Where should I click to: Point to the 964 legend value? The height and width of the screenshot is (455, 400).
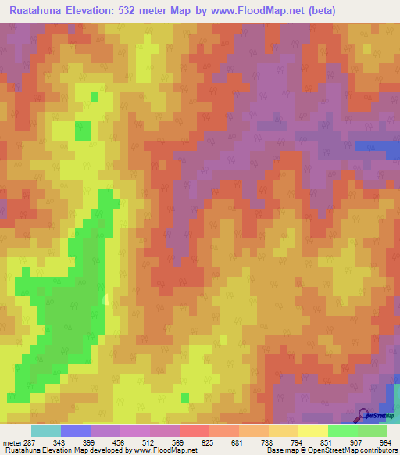(385, 442)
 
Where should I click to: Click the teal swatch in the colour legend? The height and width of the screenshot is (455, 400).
(46, 431)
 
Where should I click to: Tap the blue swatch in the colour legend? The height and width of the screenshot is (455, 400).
(76, 431)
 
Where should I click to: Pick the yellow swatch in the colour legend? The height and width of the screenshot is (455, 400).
(313, 431)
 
